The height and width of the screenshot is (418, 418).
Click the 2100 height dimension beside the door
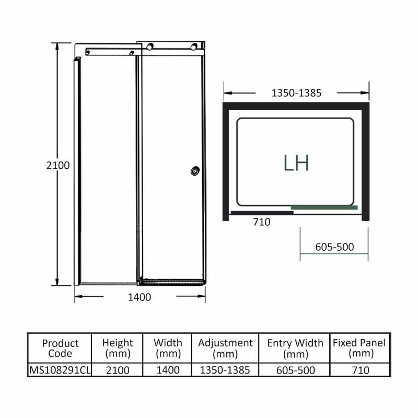pos(58,165)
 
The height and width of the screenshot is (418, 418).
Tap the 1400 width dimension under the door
pos(140,297)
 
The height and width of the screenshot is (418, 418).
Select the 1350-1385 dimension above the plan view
pos(296,94)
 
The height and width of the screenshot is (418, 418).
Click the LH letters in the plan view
pos(296,162)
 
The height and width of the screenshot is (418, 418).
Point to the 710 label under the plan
pos(261,222)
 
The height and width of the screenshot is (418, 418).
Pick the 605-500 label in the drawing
pos(334,247)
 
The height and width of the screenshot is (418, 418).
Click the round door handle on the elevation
pos(195,170)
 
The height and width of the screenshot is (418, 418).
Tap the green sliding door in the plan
pos(324,207)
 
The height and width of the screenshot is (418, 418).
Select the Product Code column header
pos(60,348)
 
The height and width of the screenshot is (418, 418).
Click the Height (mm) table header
pos(118,348)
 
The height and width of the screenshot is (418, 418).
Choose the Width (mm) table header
pos(168,348)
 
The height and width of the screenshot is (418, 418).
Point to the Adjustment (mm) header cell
pos(225,348)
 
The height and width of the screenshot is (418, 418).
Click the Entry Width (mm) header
pos(295,348)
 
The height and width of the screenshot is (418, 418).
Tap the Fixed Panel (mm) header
pos(359,348)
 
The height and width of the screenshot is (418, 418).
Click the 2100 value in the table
pos(118,370)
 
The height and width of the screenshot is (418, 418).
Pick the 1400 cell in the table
pos(168,370)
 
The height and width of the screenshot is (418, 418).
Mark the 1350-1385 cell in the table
pos(225,370)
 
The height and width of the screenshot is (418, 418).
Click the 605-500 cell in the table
pos(295,370)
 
